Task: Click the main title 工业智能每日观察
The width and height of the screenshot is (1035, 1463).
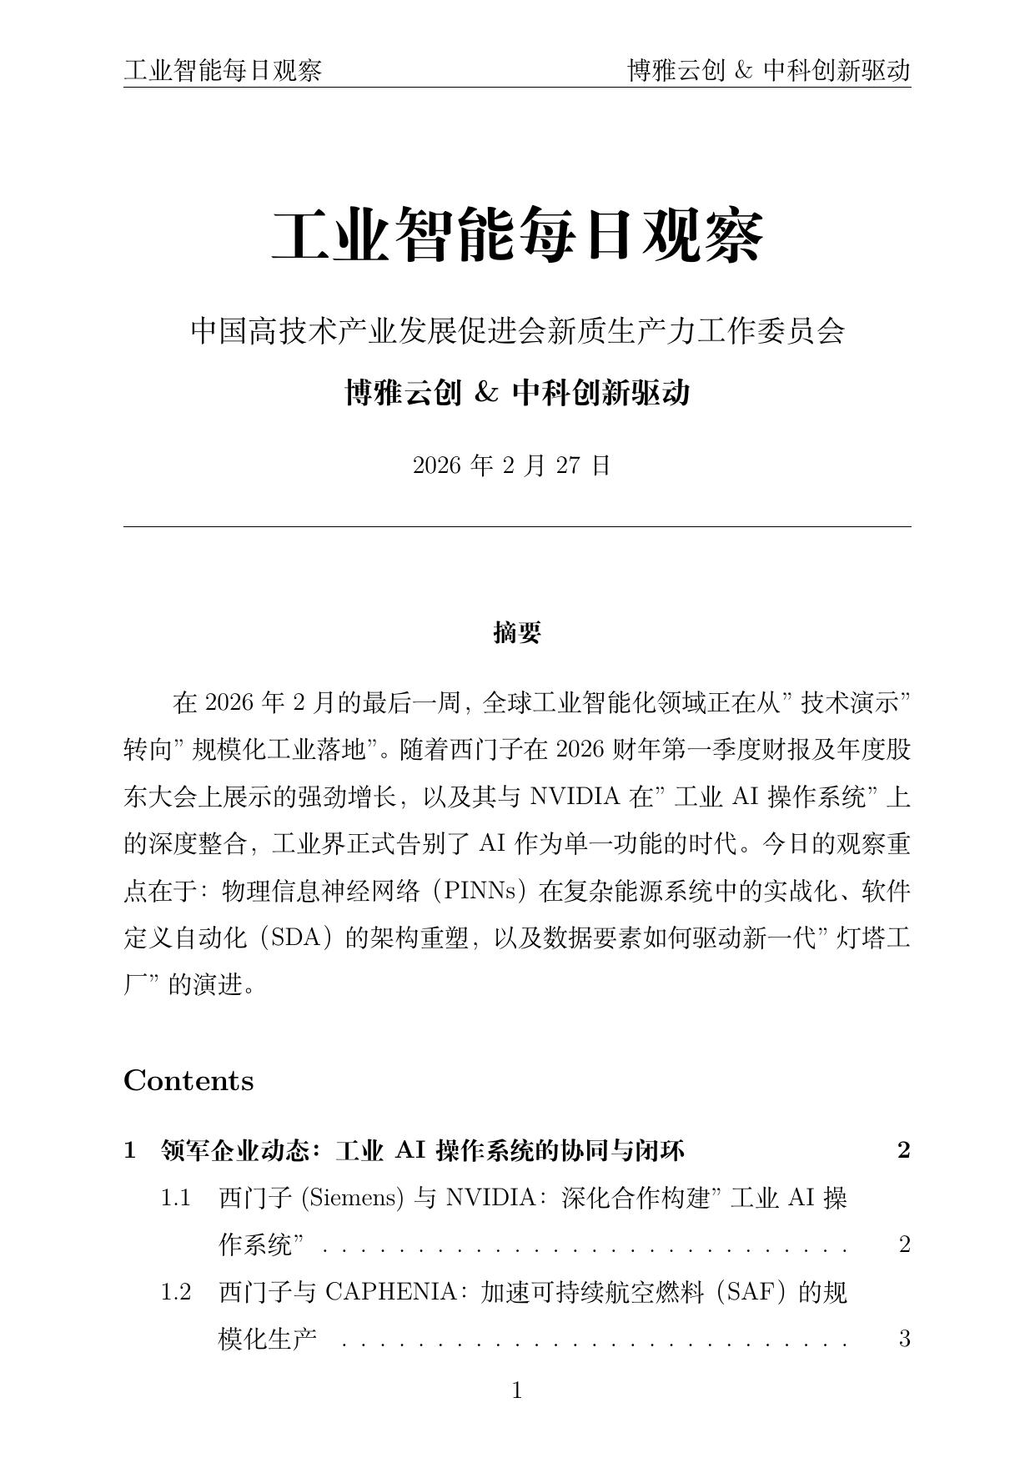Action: pos(517,237)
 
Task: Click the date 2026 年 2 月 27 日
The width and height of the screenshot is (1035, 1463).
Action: pos(512,465)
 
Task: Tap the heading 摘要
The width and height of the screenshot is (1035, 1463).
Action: pos(517,633)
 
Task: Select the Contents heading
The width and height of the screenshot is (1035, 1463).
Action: pos(188,1081)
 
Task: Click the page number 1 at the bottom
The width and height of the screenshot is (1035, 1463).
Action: pos(517,1390)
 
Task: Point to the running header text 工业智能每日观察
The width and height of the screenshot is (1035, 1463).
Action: pos(223,71)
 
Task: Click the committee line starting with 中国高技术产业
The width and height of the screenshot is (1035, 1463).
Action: pos(517,331)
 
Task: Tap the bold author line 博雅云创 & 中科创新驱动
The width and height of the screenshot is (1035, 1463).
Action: pos(517,392)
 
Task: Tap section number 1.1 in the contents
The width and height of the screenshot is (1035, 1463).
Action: pos(176,1199)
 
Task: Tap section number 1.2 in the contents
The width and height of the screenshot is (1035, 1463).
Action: pos(176,1292)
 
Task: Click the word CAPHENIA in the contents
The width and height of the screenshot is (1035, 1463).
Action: pos(389,1292)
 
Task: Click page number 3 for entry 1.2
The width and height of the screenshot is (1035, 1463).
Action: pos(904,1340)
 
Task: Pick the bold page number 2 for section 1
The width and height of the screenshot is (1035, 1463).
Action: pos(904,1151)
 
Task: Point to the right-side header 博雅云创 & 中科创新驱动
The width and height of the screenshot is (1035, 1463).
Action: pos(768,71)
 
